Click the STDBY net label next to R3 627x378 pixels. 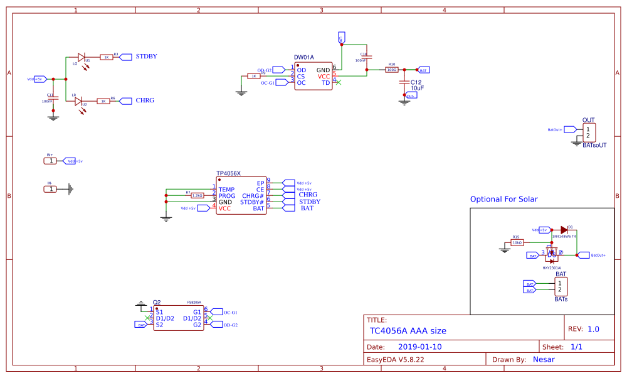pos(146,57)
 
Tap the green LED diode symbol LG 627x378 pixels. pos(81,57)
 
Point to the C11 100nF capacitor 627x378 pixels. pos(53,97)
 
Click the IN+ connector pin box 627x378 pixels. pos(50,161)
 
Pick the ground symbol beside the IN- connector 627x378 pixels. pos(71,188)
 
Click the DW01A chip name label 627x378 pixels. pos(304,57)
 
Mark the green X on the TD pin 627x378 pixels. pos(339,83)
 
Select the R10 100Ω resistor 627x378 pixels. pos(392,70)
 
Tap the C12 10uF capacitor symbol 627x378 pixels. pos(404,82)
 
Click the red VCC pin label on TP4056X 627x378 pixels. pos(225,208)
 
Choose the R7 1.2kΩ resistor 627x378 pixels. pos(197,195)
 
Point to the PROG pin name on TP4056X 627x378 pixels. pos(227,196)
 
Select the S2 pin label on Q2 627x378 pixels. pos(159,325)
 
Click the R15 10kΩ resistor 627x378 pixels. pos(517,242)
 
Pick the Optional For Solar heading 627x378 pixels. pos(503,199)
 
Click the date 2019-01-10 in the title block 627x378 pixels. pos(419,347)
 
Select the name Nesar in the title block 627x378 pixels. pos(543,360)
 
